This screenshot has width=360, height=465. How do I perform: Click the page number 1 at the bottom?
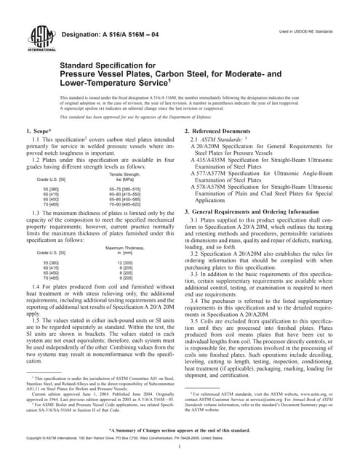(x=180, y=454)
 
